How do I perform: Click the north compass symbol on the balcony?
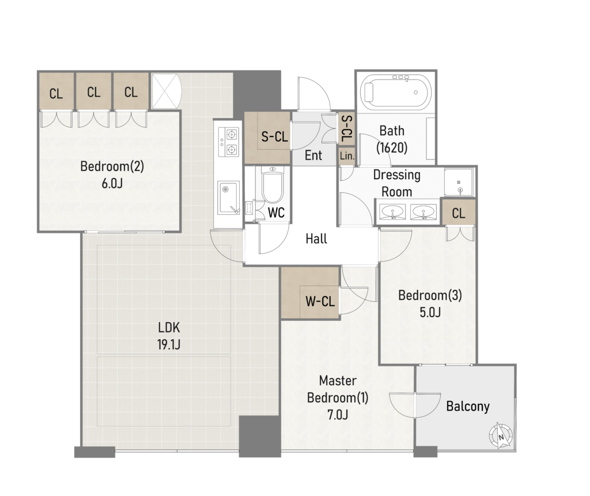[501, 436]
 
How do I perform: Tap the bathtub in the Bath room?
[396, 92]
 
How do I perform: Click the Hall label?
[316, 238]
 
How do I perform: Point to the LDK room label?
[169, 327]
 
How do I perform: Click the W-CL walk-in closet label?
[320, 301]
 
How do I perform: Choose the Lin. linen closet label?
[347, 156]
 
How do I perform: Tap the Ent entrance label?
[313, 155]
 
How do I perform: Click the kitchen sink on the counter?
[228, 197]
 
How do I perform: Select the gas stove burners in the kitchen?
[228, 142]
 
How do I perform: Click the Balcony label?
[468, 407]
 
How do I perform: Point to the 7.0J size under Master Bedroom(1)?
[338, 414]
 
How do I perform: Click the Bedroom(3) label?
[430, 295]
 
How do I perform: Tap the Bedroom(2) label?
[112, 166]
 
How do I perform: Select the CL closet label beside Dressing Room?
[458, 213]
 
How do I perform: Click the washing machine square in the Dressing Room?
[459, 183]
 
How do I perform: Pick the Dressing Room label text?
[396, 183]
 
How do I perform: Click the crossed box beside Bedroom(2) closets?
[165, 91]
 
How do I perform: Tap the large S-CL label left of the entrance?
[275, 136]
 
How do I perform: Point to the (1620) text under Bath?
[392, 147]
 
